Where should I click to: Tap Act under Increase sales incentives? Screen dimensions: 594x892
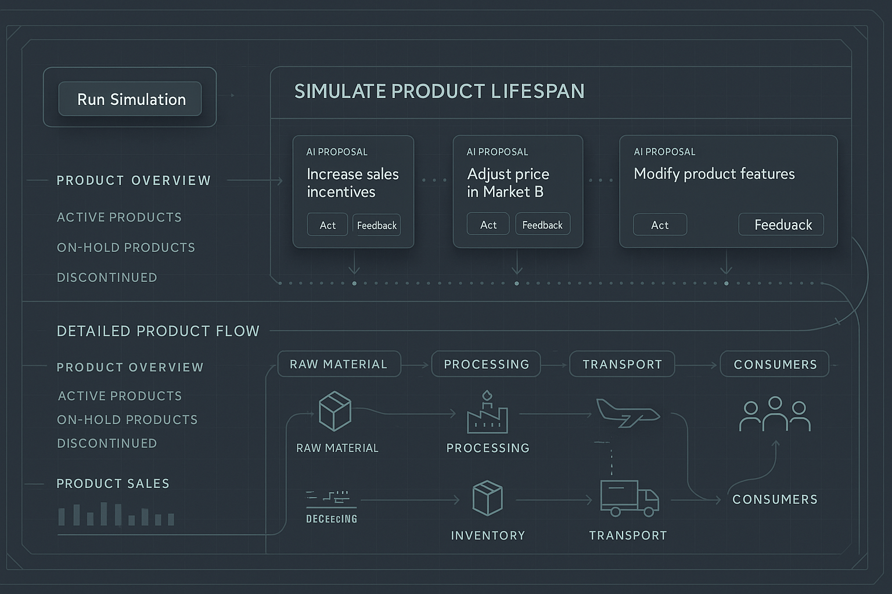(x=328, y=225)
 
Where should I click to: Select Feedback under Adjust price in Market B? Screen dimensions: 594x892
(x=542, y=224)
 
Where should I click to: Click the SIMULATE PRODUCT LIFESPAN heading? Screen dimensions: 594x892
(x=439, y=91)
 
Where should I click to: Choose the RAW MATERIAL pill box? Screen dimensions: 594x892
(x=339, y=364)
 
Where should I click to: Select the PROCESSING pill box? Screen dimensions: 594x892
(x=486, y=364)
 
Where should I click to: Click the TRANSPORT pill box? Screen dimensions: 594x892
(x=622, y=364)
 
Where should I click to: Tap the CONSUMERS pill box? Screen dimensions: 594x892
(x=775, y=364)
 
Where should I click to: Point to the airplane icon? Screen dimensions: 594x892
(x=628, y=413)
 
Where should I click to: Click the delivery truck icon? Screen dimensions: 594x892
(x=629, y=498)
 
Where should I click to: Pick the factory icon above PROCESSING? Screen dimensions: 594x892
(x=487, y=414)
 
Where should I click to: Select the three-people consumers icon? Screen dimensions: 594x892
(x=775, y=414)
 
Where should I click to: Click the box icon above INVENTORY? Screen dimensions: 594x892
(x=487, y=498)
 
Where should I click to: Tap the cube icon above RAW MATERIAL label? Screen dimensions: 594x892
(x=335, y=411)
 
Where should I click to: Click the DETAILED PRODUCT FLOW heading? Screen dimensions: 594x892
(x=158, y=331)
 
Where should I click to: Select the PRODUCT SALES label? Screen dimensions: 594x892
(x=113, y=484)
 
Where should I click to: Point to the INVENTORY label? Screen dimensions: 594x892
(x=488, y=535)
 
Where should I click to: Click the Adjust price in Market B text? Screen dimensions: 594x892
(x=508, y=183)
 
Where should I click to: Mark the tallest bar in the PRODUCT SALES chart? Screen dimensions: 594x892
(x=104, y=513)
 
